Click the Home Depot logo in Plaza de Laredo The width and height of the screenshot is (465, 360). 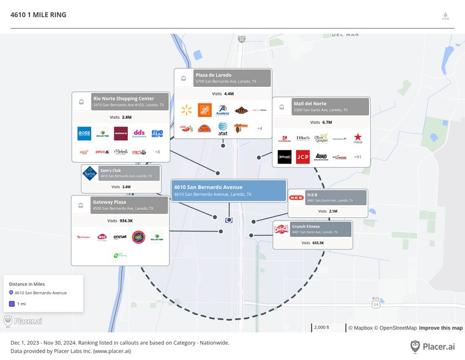(x=204, y=110)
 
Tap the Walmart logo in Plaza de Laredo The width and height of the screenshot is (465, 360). (x=187, y=110)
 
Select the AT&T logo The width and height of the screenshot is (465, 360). (x=223, y=127)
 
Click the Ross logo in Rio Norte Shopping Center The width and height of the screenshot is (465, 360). (x=84, y=133)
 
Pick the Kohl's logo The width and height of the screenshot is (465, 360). (x=121, y=133)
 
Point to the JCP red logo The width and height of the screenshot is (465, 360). (x=302, y=157)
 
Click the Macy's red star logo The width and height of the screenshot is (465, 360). (x=357, y=138)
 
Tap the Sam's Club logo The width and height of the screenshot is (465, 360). (x=89, y=173)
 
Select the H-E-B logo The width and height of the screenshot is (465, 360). (x=296, y=198)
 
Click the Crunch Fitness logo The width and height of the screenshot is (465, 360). (x=281, y=229)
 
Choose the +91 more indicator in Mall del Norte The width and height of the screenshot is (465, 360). (x=358, y=157)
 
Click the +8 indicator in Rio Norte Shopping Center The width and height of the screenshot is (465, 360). (x=157, y=152)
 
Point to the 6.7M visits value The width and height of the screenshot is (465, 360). (x=327, y=122)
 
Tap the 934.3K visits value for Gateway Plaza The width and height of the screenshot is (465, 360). (x=126, y=220)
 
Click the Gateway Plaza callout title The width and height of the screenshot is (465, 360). (x=110, y=201)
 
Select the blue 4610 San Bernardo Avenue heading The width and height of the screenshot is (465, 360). (x=208, y=187)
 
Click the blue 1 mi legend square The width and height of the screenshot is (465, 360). (x=12, y=304)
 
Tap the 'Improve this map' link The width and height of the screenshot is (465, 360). (x=441, y=328)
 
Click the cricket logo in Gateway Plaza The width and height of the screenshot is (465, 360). (x=120, y=237)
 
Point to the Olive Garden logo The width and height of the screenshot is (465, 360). (x=321, y=138)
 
